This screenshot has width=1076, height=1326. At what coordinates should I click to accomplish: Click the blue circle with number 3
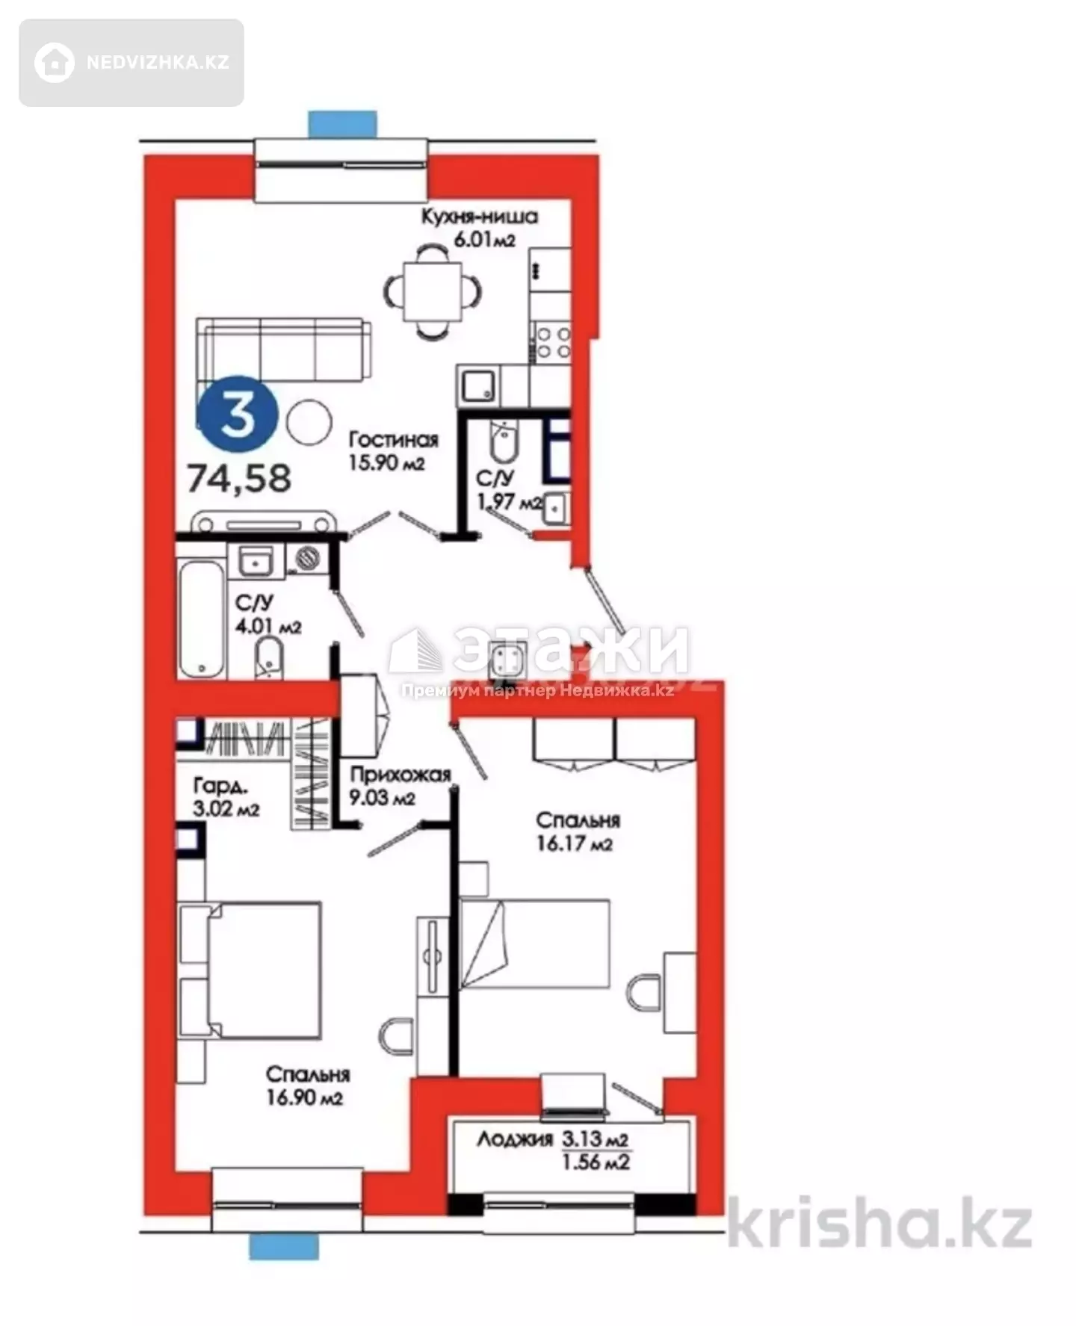click(238, 415)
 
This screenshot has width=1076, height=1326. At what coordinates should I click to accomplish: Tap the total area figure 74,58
click(239, 478)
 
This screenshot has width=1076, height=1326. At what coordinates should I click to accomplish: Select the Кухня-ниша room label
click(479, 217)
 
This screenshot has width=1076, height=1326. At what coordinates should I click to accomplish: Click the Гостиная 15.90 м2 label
click(393, 450)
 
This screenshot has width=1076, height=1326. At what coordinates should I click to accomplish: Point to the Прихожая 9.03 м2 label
click(400, 786)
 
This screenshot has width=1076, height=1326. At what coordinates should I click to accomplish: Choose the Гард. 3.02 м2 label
click(226, 796)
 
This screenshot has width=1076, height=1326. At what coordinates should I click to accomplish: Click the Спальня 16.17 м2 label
click(578, 831)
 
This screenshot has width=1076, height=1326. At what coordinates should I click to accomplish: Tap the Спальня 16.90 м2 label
click(308, 1085)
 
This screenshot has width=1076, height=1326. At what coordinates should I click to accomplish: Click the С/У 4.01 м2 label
click(268, 614)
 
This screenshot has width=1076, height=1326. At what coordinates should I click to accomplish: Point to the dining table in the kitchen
click(433, 291)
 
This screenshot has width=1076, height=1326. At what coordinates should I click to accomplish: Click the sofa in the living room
click(284, 350)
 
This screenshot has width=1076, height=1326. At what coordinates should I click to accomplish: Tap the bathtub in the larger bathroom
click(202, 619)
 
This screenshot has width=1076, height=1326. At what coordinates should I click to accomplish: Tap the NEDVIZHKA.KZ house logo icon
click(55, 62)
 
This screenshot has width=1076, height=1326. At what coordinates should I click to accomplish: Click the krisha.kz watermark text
click(879, 1224)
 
